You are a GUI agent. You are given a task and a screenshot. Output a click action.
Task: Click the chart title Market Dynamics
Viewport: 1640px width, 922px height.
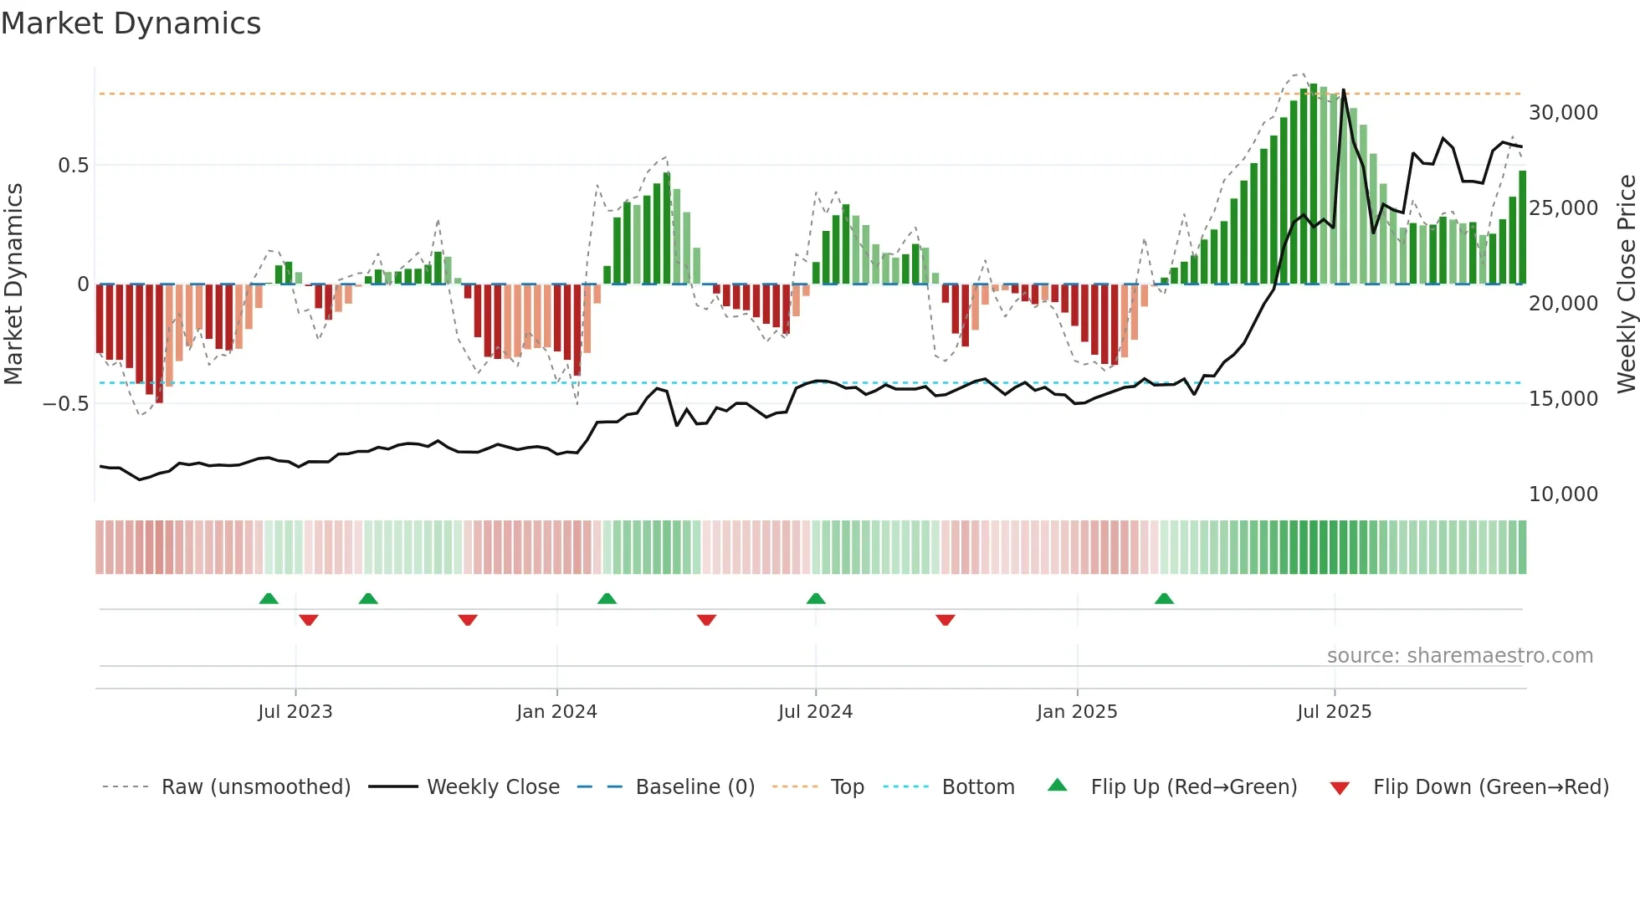(131, 23)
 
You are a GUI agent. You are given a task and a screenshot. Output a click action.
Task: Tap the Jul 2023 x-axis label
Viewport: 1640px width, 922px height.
(295, 712)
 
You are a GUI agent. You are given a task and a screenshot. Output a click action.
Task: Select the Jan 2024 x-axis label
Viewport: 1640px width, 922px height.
(556, 712)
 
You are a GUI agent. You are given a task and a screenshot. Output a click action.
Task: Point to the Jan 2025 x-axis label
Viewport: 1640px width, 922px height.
(1076, 712)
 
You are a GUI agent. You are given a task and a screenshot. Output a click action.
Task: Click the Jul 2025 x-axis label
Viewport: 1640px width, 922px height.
(1334, 712)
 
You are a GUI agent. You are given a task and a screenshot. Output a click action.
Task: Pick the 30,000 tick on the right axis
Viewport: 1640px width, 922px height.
(1563, 113)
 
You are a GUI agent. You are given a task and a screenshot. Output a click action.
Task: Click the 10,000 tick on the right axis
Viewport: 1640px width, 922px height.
(1563, 494)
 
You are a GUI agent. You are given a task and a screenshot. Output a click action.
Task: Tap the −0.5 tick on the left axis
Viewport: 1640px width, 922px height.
(65, 404)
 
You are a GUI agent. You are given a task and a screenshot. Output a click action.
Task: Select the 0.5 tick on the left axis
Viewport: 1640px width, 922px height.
(73, 166)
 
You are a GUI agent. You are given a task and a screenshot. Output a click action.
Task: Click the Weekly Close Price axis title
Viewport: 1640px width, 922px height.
(1626, 284)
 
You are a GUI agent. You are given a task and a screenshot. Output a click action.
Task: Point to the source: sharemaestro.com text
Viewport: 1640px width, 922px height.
(1459, 656)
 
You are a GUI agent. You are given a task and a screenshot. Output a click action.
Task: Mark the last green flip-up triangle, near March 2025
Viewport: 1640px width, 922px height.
(1164, 599)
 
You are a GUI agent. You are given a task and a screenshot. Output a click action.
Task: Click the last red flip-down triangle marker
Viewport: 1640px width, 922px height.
(946, 620)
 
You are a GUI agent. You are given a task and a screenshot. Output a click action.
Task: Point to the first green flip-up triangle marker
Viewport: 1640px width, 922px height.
(269, 599)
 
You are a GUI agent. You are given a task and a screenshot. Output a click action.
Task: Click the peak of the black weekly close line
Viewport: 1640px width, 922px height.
(1343, 90)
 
